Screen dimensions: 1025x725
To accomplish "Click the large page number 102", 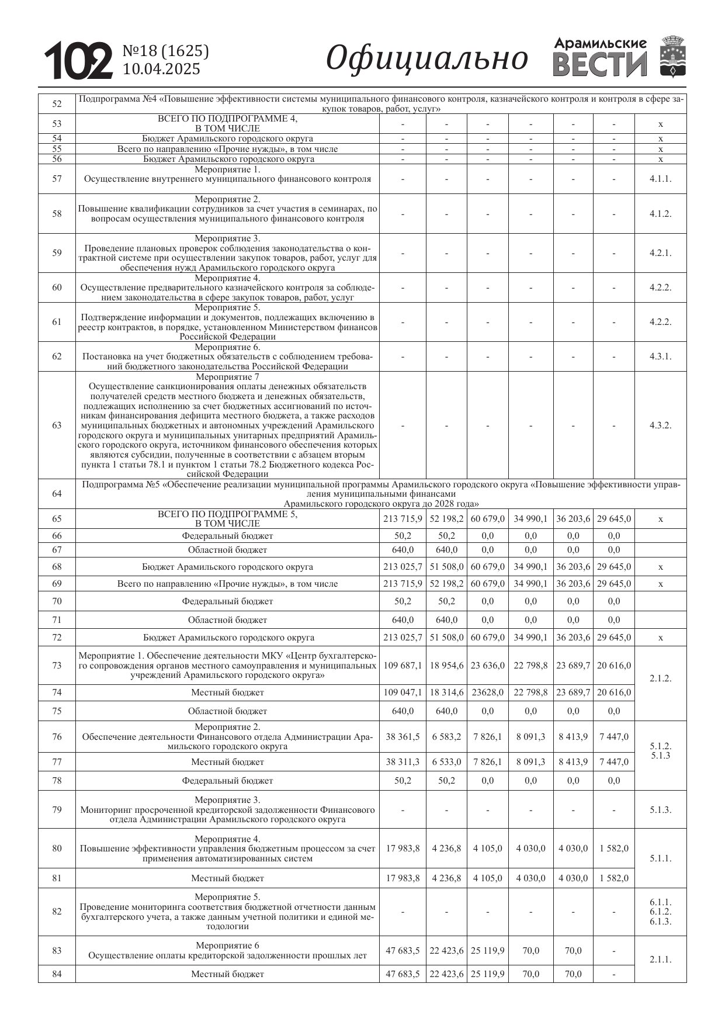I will coord(79,60).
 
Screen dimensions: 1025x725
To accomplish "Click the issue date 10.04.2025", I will coord(161,69).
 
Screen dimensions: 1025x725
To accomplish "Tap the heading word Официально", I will coord(426,58).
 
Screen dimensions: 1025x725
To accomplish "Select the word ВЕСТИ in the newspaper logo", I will coord(600,65).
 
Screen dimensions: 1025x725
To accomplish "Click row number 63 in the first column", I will coord(57,425).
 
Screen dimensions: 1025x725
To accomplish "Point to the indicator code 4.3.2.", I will coord(660,425).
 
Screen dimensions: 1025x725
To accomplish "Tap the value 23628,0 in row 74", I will coord(487,692).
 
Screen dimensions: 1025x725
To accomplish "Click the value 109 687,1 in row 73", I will coord(403,666).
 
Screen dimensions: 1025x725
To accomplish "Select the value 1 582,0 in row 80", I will coord(614,848).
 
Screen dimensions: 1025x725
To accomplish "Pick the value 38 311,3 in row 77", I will coord(403,762).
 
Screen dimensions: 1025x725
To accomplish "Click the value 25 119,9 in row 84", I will coord(487,974).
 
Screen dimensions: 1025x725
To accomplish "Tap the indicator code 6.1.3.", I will coord(660,922).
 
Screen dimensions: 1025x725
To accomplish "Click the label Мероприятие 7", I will coord(227,377).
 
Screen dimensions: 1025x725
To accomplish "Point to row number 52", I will coord(57,104).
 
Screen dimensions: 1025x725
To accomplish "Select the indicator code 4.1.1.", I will coord(660,179).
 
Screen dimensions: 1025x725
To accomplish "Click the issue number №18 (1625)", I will coord(165,51).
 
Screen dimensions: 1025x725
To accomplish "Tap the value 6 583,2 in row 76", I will coord(446,737).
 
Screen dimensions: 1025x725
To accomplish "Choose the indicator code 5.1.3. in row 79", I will coord(660,810).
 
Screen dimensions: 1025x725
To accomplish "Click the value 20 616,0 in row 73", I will coord(614,666).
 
